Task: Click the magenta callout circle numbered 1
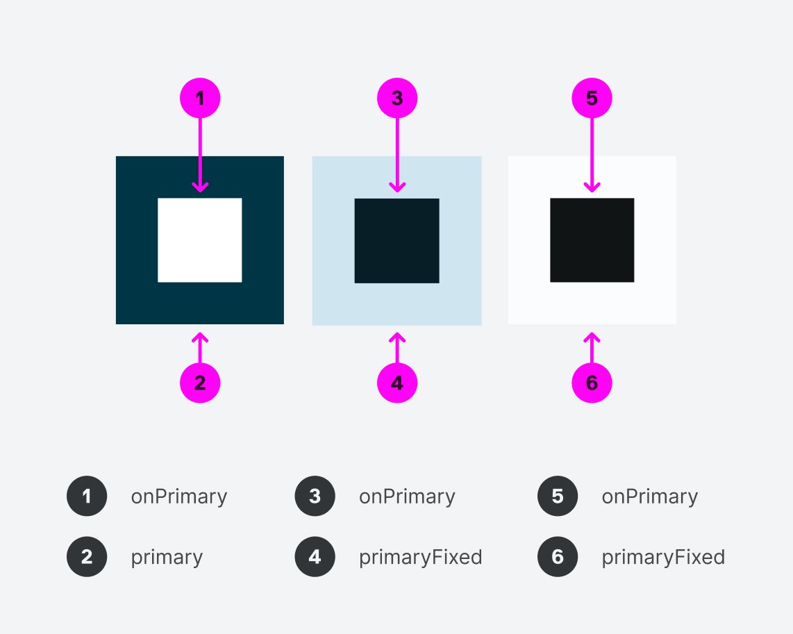[x=200, y=99]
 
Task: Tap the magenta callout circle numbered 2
[x=200, y=383]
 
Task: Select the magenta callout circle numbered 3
[x=397, y=99]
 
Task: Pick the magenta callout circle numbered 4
[x=397, y=383]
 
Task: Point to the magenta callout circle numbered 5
[x=592, y=99]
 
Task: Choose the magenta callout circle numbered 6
[x=592, y=383]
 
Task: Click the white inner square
[x=200, y=240]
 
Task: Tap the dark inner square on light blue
[x=397, y=241]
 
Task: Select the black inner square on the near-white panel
[x=592, y=240]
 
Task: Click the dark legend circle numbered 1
[x=87, y=497]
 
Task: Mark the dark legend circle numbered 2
[x=87, y=557]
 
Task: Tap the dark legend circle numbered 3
[x=315, y=497]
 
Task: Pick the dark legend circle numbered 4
[x=315, y=557]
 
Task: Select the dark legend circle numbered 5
[x=558, y=497]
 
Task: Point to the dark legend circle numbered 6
[x=558, y=557]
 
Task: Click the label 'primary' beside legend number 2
[x=167, y=558]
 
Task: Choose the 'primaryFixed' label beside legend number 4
[x=420, y=557]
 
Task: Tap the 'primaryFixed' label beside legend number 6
[x=663, y=557]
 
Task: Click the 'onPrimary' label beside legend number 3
[x=407, y=497]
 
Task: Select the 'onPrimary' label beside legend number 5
[x=649, y=497]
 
